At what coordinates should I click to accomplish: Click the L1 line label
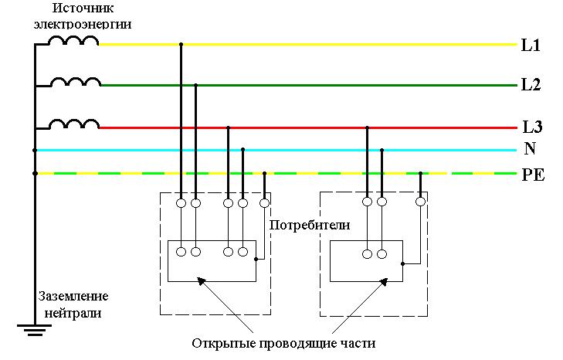pos(531,46)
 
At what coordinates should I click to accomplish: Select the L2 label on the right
pos(531,85)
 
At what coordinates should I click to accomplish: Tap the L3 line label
pos(531,127)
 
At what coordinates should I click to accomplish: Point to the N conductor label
pos(530,149)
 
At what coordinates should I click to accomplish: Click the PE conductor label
pos(533,175)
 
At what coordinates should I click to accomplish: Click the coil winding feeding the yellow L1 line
pos(74,40)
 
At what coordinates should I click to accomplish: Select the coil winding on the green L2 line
pos(75,81)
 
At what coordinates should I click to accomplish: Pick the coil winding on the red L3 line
pos(75,124)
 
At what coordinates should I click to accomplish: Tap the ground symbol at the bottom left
pos(35,330)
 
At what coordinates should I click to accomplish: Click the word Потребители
pos(310,225)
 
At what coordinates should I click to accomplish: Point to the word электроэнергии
pos(82,24)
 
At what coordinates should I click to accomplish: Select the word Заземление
pos(75,297)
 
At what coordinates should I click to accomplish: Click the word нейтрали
pos(73,313)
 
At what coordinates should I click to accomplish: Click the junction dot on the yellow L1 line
pos(181,44)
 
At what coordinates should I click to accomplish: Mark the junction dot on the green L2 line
pos(196,85)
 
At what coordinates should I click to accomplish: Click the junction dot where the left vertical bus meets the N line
pos(35,150)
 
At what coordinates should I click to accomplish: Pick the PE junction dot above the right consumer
pos(420,173)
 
